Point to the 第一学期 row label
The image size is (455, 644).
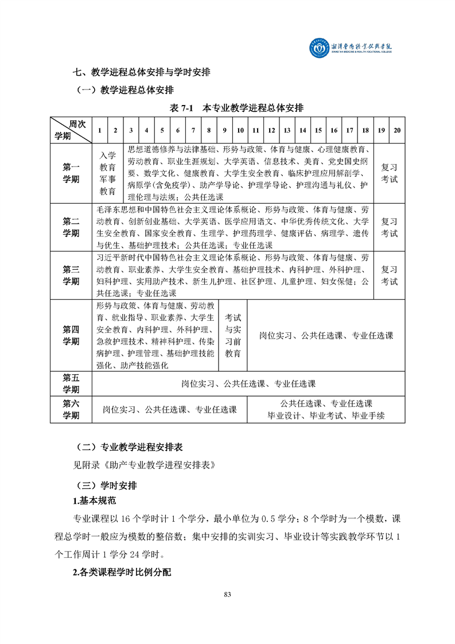pos(71,173)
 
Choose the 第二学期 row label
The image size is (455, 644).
pos(71,227)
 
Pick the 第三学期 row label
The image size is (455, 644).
pos(71,275)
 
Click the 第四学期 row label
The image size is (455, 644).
pos(71,335)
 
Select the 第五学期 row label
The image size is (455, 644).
pos(71,383)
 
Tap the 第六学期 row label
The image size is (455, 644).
pos(71,409)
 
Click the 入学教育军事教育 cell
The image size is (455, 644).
pos(108,173)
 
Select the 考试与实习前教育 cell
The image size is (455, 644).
pos(233,335)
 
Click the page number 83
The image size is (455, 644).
pos(227,594)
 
